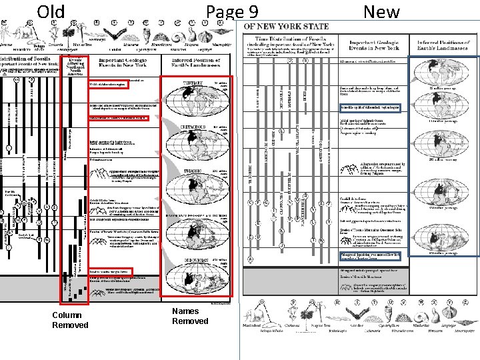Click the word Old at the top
tap(51, 12)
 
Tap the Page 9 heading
tap(232, 12)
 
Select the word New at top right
tap(382, 12)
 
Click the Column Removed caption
tap(69, 320)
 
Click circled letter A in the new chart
tap(250, 259)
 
